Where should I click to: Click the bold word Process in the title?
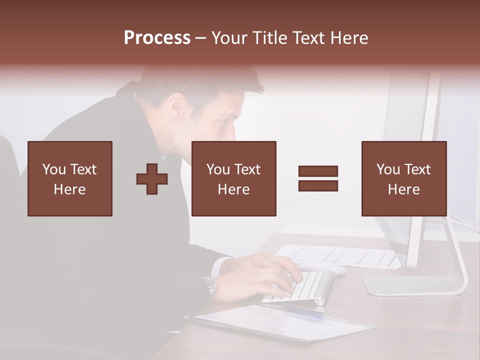[x=157, y=37]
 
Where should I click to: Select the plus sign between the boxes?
[x=152, y=179]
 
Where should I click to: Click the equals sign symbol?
[x=318, y=178]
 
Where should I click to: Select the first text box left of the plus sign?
[x=69, y=178]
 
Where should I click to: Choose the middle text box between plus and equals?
[x=233, y=178]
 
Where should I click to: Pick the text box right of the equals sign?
[x=403, y=178]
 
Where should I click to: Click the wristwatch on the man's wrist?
[x=210, y=286]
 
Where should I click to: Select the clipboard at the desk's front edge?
[x=280, y=322]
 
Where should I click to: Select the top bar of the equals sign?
[x=318, y=171]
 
